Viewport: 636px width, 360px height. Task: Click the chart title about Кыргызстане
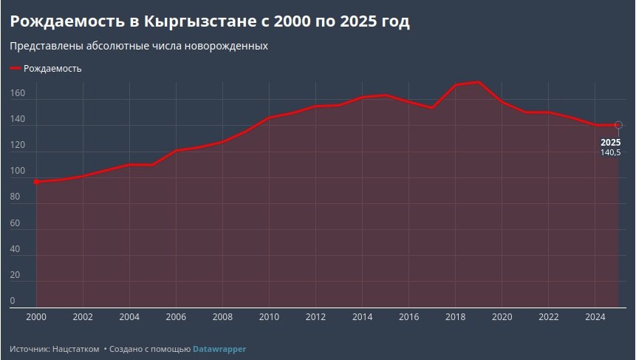point(210,21)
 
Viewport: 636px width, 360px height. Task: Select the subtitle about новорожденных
point(139,46)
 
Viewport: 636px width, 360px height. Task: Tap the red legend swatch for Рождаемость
point(16,69)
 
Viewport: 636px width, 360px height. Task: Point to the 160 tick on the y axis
point(18,94)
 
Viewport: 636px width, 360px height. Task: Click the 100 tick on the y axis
point(18,171)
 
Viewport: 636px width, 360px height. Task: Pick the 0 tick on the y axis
point(13,301)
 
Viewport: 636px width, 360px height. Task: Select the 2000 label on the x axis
point(36,317)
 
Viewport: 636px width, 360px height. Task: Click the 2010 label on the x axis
point(269,317)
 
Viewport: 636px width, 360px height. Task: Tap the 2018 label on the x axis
point(455,317)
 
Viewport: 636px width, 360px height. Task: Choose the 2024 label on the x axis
point(595,317)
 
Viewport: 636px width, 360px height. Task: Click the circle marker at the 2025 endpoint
point(618,125)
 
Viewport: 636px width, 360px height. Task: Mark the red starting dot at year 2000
point(36,181)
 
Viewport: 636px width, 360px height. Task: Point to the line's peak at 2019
point(479,82)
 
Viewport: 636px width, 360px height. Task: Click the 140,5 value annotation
point(610,152)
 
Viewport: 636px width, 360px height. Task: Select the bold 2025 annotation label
point(610,142)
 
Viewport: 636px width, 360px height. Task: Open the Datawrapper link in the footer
point(219,348)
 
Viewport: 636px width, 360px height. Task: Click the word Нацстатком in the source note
point(75,348)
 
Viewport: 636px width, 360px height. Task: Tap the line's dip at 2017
point(432,108)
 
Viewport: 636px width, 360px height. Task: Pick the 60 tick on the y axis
point(16,223)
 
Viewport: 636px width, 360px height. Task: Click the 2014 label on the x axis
point(362,317)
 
